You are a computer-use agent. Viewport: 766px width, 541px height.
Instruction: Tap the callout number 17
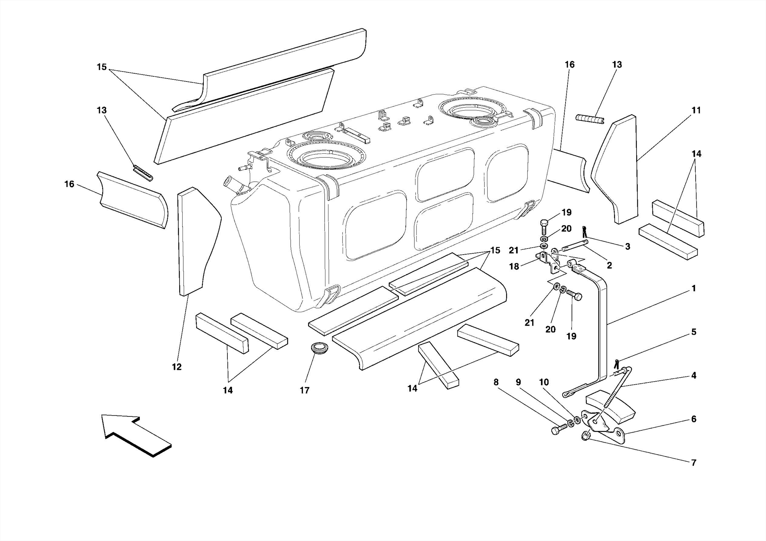304,390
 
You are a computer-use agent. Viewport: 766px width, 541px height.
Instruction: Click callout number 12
177,367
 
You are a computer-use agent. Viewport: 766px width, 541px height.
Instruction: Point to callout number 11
696,110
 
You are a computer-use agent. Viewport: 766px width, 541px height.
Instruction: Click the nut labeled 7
586,436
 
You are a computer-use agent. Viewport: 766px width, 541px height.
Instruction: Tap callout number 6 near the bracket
693,419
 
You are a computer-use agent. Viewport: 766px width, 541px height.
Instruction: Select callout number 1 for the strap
693,288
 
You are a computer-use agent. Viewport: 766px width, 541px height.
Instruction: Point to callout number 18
514,267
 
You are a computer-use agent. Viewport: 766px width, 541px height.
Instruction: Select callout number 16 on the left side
69,184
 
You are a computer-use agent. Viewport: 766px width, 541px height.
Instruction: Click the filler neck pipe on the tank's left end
232,186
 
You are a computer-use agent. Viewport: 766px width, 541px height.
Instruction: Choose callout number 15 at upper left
102,67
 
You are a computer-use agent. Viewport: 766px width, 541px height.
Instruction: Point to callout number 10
543,382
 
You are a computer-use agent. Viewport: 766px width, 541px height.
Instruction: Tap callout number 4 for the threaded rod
693,375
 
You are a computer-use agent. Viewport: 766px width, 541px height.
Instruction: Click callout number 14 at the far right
696,154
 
